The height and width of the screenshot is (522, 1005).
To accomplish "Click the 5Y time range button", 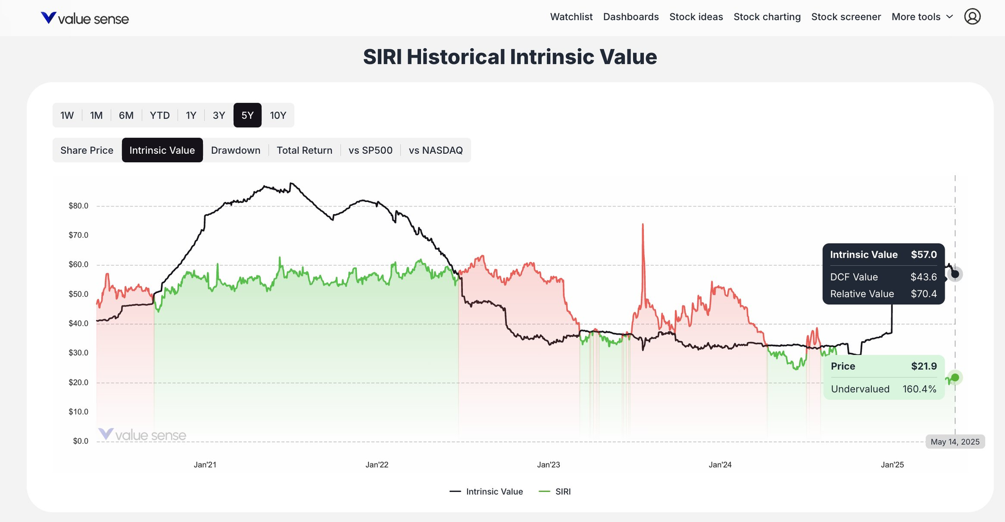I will [247, 116].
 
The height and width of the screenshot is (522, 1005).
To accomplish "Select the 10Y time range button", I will [278, 116].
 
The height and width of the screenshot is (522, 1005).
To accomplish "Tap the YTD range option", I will [160, 116].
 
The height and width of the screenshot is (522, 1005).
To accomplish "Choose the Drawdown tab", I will [236, 150].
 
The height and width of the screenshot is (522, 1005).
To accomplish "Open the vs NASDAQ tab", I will [436, 150].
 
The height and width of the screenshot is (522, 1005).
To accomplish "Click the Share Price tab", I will [87, 150].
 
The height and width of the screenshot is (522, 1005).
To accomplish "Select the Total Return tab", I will [305, 150].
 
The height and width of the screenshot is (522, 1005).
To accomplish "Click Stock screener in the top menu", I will [846, 17].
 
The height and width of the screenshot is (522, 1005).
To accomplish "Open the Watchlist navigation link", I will [571, 17].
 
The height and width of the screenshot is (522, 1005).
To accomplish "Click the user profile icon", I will [972, 17].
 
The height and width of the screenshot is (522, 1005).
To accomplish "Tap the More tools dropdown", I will [922, 17].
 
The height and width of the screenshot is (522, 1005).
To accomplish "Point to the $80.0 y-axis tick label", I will [78, 205].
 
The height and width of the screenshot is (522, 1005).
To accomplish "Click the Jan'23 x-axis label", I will [548, 465].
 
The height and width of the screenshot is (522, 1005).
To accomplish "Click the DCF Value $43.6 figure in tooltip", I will [924, 277].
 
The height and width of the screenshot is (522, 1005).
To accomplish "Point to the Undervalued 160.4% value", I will [919, 389].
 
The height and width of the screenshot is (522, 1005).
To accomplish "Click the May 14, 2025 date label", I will [955, 442].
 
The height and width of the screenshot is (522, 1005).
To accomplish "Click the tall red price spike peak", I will [643, 225].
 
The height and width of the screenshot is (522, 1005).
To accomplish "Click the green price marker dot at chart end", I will [955, 377].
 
